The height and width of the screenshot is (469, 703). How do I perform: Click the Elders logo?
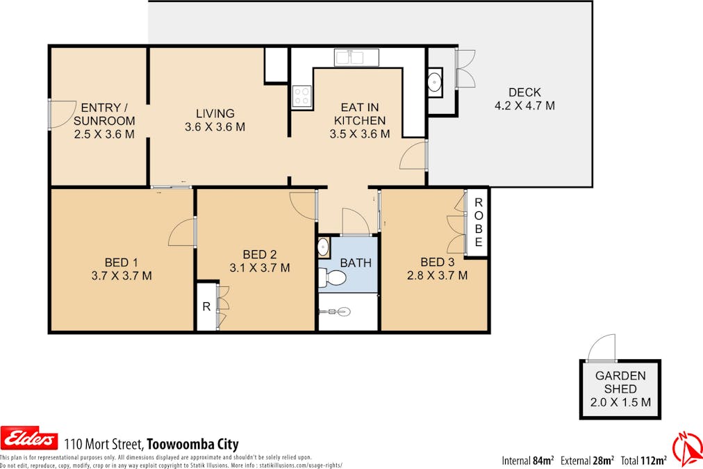(x=30, y=439)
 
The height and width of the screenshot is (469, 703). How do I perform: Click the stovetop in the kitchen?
(x=302, y=96)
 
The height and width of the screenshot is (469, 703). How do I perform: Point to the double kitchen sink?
(x=356, y=57)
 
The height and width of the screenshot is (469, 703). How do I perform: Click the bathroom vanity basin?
(x=324, y=247)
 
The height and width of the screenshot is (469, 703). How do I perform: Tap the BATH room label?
(x=356, y=263)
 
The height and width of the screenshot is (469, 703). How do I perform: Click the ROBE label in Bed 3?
(x=478, y=223)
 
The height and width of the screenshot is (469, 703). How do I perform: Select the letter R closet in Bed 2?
(x=206, y=306)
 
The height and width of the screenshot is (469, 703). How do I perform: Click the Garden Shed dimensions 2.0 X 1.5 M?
(x=620, y=402)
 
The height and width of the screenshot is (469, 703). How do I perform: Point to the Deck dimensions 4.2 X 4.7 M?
(x=524, y=106)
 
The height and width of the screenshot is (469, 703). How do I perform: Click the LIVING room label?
(x=215, y=114)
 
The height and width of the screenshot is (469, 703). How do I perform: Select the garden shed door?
(x=601, y=348)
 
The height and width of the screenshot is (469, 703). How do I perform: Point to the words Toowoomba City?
(x=192, y=444)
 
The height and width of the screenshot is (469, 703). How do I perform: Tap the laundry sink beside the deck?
(x=435, y=83)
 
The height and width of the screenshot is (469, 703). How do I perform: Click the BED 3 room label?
(x=433, y=262)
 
